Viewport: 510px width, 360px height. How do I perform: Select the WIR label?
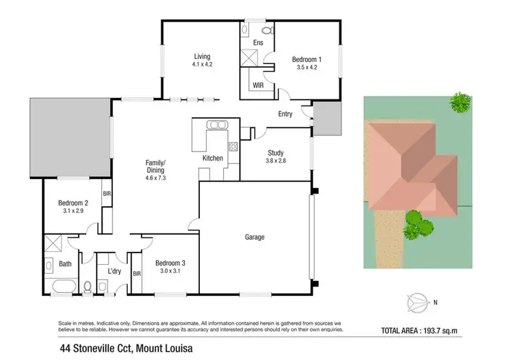[258, 86]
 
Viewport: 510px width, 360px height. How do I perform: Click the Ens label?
[258, 43]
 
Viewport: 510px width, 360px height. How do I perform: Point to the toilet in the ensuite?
[267, 31]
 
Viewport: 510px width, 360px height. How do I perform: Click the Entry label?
[285, 114]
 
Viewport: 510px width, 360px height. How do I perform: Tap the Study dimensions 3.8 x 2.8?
[275, 161]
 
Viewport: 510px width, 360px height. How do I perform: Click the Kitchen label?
[213, 158]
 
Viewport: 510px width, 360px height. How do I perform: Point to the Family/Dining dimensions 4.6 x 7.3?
[156, 178]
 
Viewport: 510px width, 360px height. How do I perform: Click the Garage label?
[254, 238]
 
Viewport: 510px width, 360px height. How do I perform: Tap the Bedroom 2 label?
[73, 203]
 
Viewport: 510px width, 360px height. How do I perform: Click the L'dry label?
[114, 272]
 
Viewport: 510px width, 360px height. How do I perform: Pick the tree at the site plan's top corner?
[460, 102]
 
